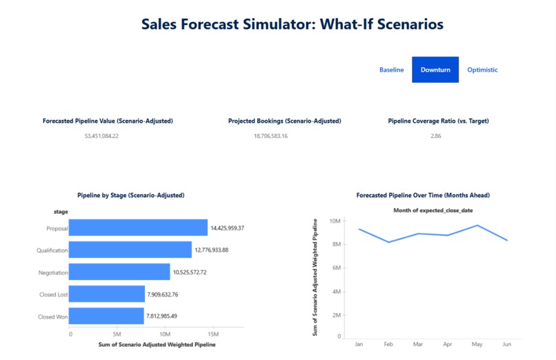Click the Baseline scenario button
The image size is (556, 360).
tap(391, 70)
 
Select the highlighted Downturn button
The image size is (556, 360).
tap(435, 70)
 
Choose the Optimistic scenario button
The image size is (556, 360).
tap(482, 70)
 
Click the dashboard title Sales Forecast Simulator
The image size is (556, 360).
tap(292, 24)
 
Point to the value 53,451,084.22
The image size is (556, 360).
tap(101, 136)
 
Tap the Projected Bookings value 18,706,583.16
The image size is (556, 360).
tap(270, 136)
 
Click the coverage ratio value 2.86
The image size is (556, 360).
tap(435, 136)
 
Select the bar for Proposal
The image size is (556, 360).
tap(138, 228)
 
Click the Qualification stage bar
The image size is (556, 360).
tap(130, 250)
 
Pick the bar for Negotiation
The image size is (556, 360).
tap(119, 272)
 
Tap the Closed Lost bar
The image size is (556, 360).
tap(106, 294)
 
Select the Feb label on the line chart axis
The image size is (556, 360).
tap(388, 343)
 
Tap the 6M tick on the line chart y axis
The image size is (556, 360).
tap(336, 268)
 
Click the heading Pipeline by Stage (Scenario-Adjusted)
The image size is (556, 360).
tap(130, 195)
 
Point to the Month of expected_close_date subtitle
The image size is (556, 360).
tap(433, 210)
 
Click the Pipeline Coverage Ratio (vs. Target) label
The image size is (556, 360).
tap(438, 121)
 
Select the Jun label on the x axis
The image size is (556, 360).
tap(507, 343)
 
